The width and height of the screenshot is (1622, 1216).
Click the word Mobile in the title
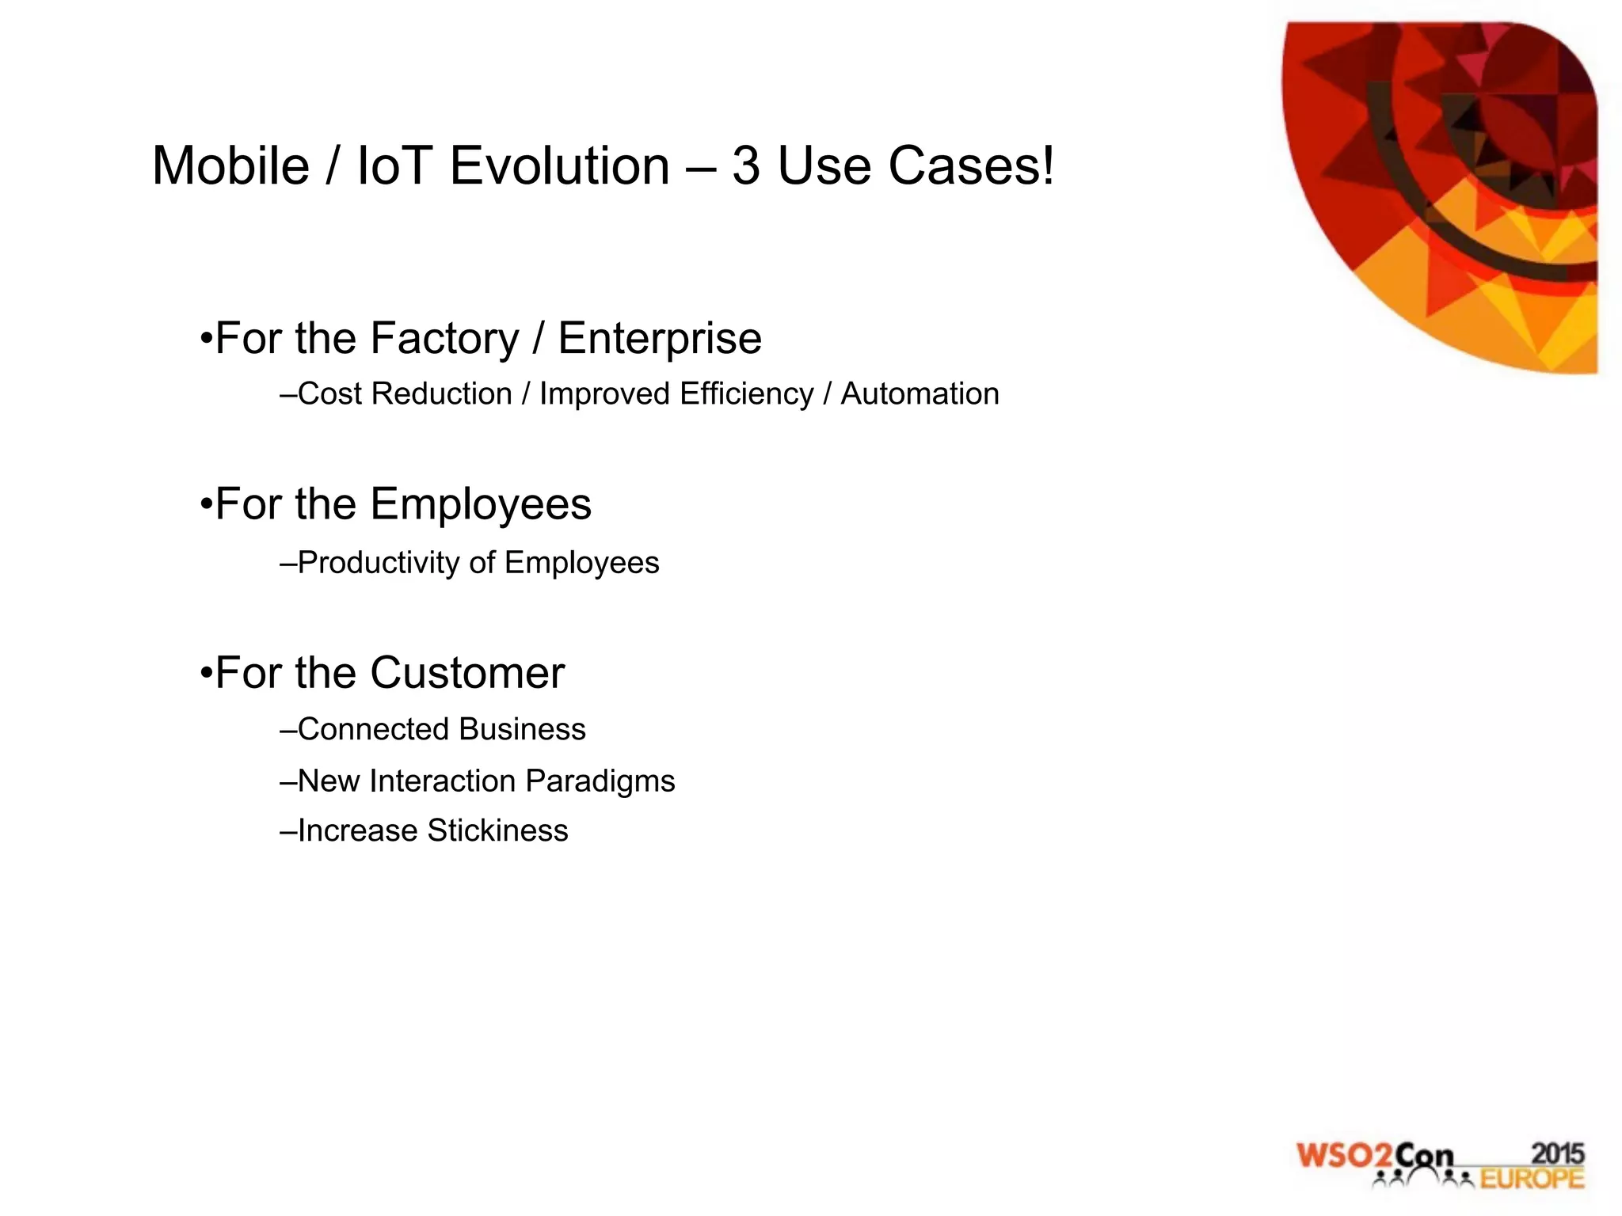click(230, 166)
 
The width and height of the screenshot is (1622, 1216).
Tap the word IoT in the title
click(393, 166)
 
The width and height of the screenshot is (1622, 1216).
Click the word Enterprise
click(660, 339)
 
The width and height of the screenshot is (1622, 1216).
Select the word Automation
click(920, 394)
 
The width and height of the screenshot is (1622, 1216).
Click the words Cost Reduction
click(405, 394)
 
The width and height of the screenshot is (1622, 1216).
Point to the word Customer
click(467, 674)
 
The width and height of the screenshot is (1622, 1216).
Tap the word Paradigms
click(600, 781)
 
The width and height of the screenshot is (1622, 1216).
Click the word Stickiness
click(497, 830)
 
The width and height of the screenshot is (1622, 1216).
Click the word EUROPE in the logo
click(1532, 1179)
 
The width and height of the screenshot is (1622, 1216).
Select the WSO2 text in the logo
click(1344, 1157)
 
